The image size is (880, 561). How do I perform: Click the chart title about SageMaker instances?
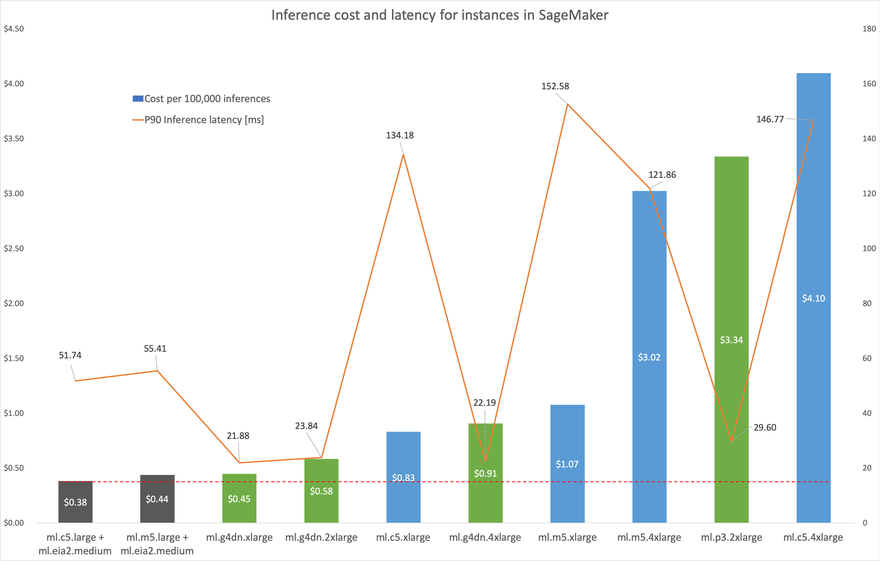[440, 15]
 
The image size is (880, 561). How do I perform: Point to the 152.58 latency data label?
[555, 86]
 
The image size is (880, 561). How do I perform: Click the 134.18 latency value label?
[400, 135]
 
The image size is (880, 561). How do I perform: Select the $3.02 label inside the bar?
[649, 357]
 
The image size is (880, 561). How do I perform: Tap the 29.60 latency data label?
[765, 427]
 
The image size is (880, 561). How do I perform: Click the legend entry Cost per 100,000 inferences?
[207, 99]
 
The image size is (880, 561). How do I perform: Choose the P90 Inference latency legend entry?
[204, 120]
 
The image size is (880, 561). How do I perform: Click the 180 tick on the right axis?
[869, 29]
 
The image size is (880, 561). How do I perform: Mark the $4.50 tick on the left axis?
[14, 29]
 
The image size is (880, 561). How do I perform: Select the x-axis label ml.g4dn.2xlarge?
[321, 537]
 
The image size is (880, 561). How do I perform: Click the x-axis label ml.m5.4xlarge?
[649, 537]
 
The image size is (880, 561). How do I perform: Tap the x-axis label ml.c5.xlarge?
[403, 537]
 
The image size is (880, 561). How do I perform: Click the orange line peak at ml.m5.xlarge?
[567, 105]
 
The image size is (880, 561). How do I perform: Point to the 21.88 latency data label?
[238, 436]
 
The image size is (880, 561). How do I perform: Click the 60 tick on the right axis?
[867, 358]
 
